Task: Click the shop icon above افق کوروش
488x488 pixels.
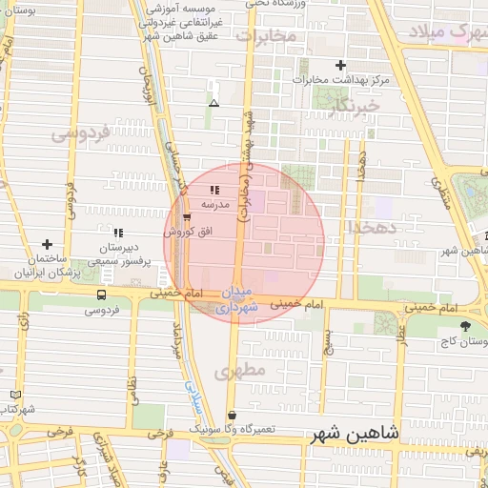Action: (186, 217)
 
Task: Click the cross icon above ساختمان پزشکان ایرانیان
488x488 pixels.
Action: (47, 245)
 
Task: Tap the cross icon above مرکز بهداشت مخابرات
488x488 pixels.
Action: (341, 65)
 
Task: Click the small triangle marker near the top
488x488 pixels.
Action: (213, 103)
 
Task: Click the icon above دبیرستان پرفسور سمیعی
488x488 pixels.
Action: (118, 233)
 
